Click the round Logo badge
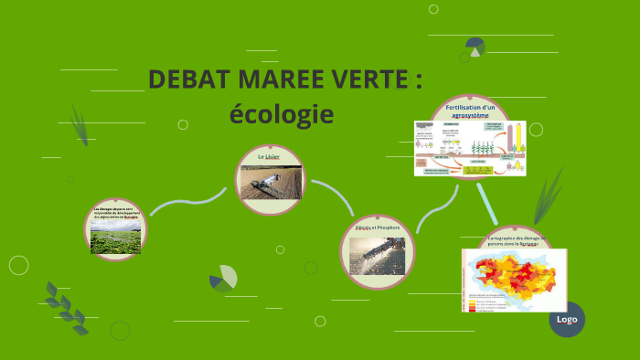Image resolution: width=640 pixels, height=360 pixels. tap(566, 320)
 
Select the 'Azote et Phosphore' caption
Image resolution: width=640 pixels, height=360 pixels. tap(378, 227)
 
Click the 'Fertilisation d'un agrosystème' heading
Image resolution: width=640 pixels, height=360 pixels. tap(470, 111)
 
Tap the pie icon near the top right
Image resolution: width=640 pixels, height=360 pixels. tap(475, 45)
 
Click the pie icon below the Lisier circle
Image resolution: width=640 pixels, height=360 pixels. tap(222, 279)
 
